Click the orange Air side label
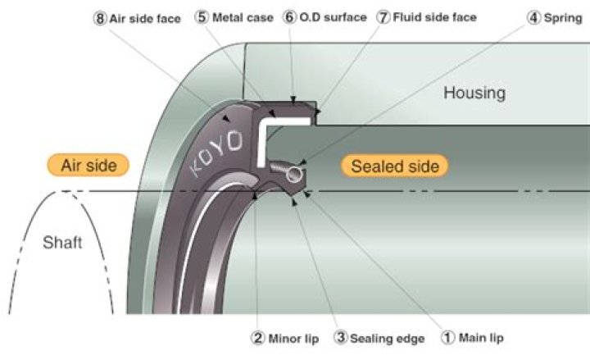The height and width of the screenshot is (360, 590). coord(88,165)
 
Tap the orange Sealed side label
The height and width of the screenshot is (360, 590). coord(395,166)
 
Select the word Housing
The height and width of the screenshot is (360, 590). coord(474,93)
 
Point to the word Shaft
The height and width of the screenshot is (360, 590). coord(62,243)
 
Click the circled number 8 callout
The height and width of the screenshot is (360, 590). coord(99,18)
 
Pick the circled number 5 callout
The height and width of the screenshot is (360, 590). coord(202,17)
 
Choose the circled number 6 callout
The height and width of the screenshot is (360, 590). coord(289,17)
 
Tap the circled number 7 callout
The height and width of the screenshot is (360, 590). coord(383,17)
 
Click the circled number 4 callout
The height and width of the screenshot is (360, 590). coord(533,18)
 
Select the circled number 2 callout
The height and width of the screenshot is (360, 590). coord(258,338)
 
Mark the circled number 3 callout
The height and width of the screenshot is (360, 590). coord(341,337)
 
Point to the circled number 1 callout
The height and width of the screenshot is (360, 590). coord(448,337)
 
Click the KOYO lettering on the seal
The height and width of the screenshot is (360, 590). coord(216,153)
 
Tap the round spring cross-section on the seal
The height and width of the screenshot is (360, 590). coord(294,175)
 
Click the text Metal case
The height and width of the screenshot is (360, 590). coord(243,17)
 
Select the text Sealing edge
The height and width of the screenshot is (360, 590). coord(387,339)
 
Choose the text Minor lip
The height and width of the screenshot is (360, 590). coord(293,339)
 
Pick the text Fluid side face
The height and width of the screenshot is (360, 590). coord(434,17)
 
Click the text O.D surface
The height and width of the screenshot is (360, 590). coord(333,17)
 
